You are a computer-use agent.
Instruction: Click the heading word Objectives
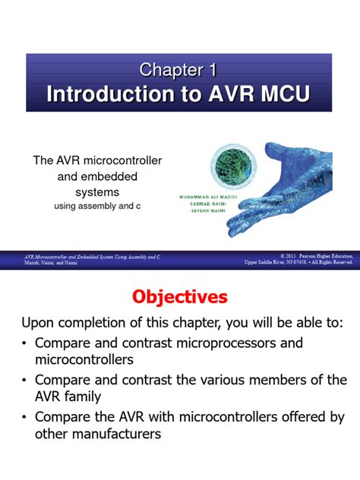coord(180,295)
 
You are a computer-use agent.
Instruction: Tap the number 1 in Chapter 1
coord(213,70)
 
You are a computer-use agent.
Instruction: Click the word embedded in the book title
coord(111,177)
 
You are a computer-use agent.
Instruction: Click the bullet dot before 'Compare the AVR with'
coord(25,418)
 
